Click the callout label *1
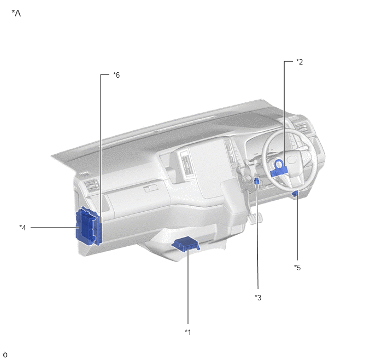pos(188,332)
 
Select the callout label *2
pos(299,62)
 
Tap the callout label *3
pos(258,298)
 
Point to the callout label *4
pos(22,228)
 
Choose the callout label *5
pos(297,268)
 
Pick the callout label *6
pos(116,75)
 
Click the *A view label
pos(16,14)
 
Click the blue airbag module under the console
pos(186,244)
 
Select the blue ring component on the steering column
pos(279,169)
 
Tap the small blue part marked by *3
pos(256,181)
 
